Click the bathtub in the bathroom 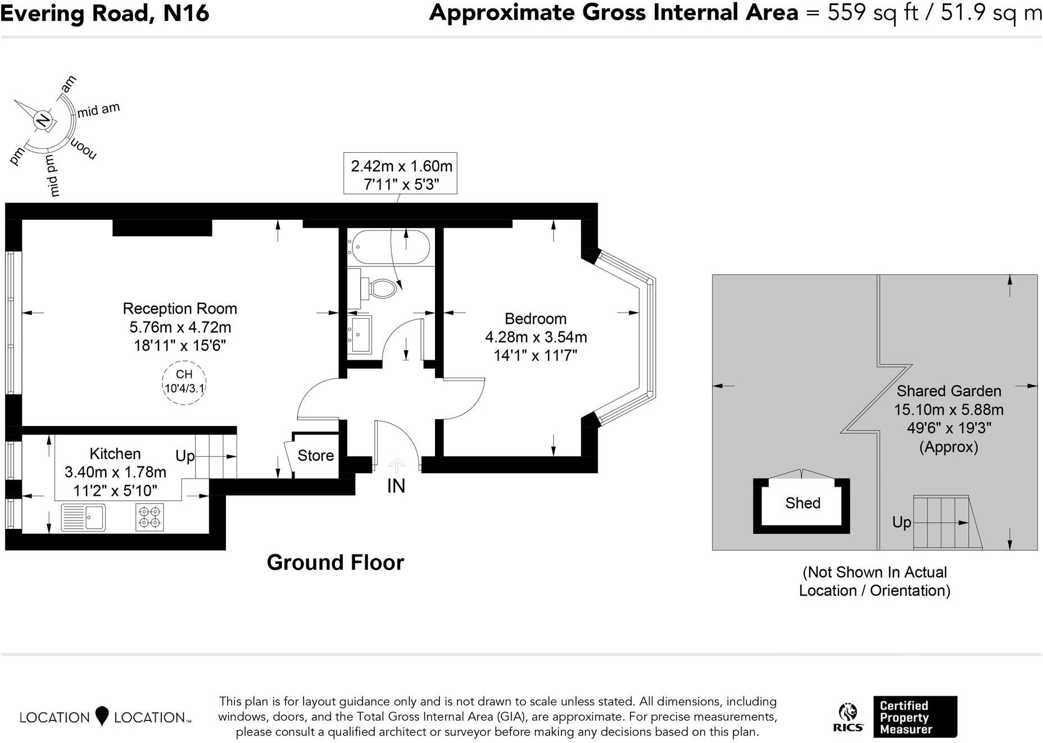point(389,247)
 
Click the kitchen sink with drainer point(83,518)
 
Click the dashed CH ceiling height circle point(184,382)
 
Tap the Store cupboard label point(315,455)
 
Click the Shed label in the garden point(802,503)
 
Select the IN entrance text point(396,486)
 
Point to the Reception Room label point(180,309)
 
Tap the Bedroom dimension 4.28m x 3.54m point(536,337)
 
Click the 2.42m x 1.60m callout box point(401,174)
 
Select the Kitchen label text point(115,454)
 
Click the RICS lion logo point(847,717)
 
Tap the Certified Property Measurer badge point(914,717)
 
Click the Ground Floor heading point(335,563)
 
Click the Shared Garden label point(949,391)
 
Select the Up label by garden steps point(901,522)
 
